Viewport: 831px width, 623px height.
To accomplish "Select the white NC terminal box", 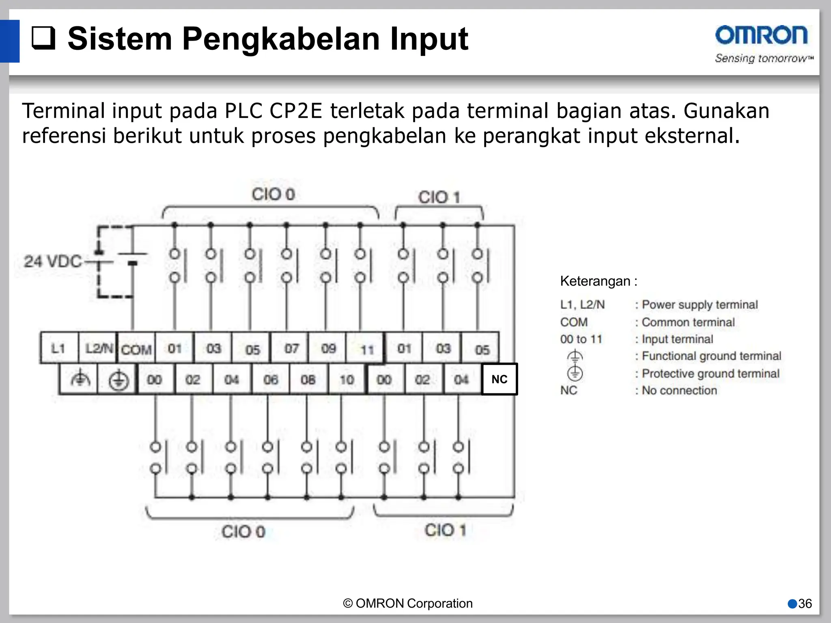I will point(499,379).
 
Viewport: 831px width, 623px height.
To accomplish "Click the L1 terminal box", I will point(58,348).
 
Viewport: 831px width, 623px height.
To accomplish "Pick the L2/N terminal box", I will point(98,348).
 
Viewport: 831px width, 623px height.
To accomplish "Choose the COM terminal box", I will point(136,349).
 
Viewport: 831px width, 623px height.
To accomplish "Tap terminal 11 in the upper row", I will point(367,349).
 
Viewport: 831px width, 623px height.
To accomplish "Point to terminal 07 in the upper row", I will point(291,348).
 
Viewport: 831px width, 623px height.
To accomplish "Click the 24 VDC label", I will point(53,262).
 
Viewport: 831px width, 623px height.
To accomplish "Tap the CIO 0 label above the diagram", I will point(273,194).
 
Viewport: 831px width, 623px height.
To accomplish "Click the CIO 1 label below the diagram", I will point(445,530).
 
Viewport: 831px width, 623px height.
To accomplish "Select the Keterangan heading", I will point(598,281).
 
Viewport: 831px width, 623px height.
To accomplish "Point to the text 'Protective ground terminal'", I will point(710,374).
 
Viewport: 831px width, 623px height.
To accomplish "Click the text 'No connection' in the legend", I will point(679,391).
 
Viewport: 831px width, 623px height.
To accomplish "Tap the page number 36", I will point(805,604).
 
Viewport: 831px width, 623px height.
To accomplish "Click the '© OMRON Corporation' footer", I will point(408,604).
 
